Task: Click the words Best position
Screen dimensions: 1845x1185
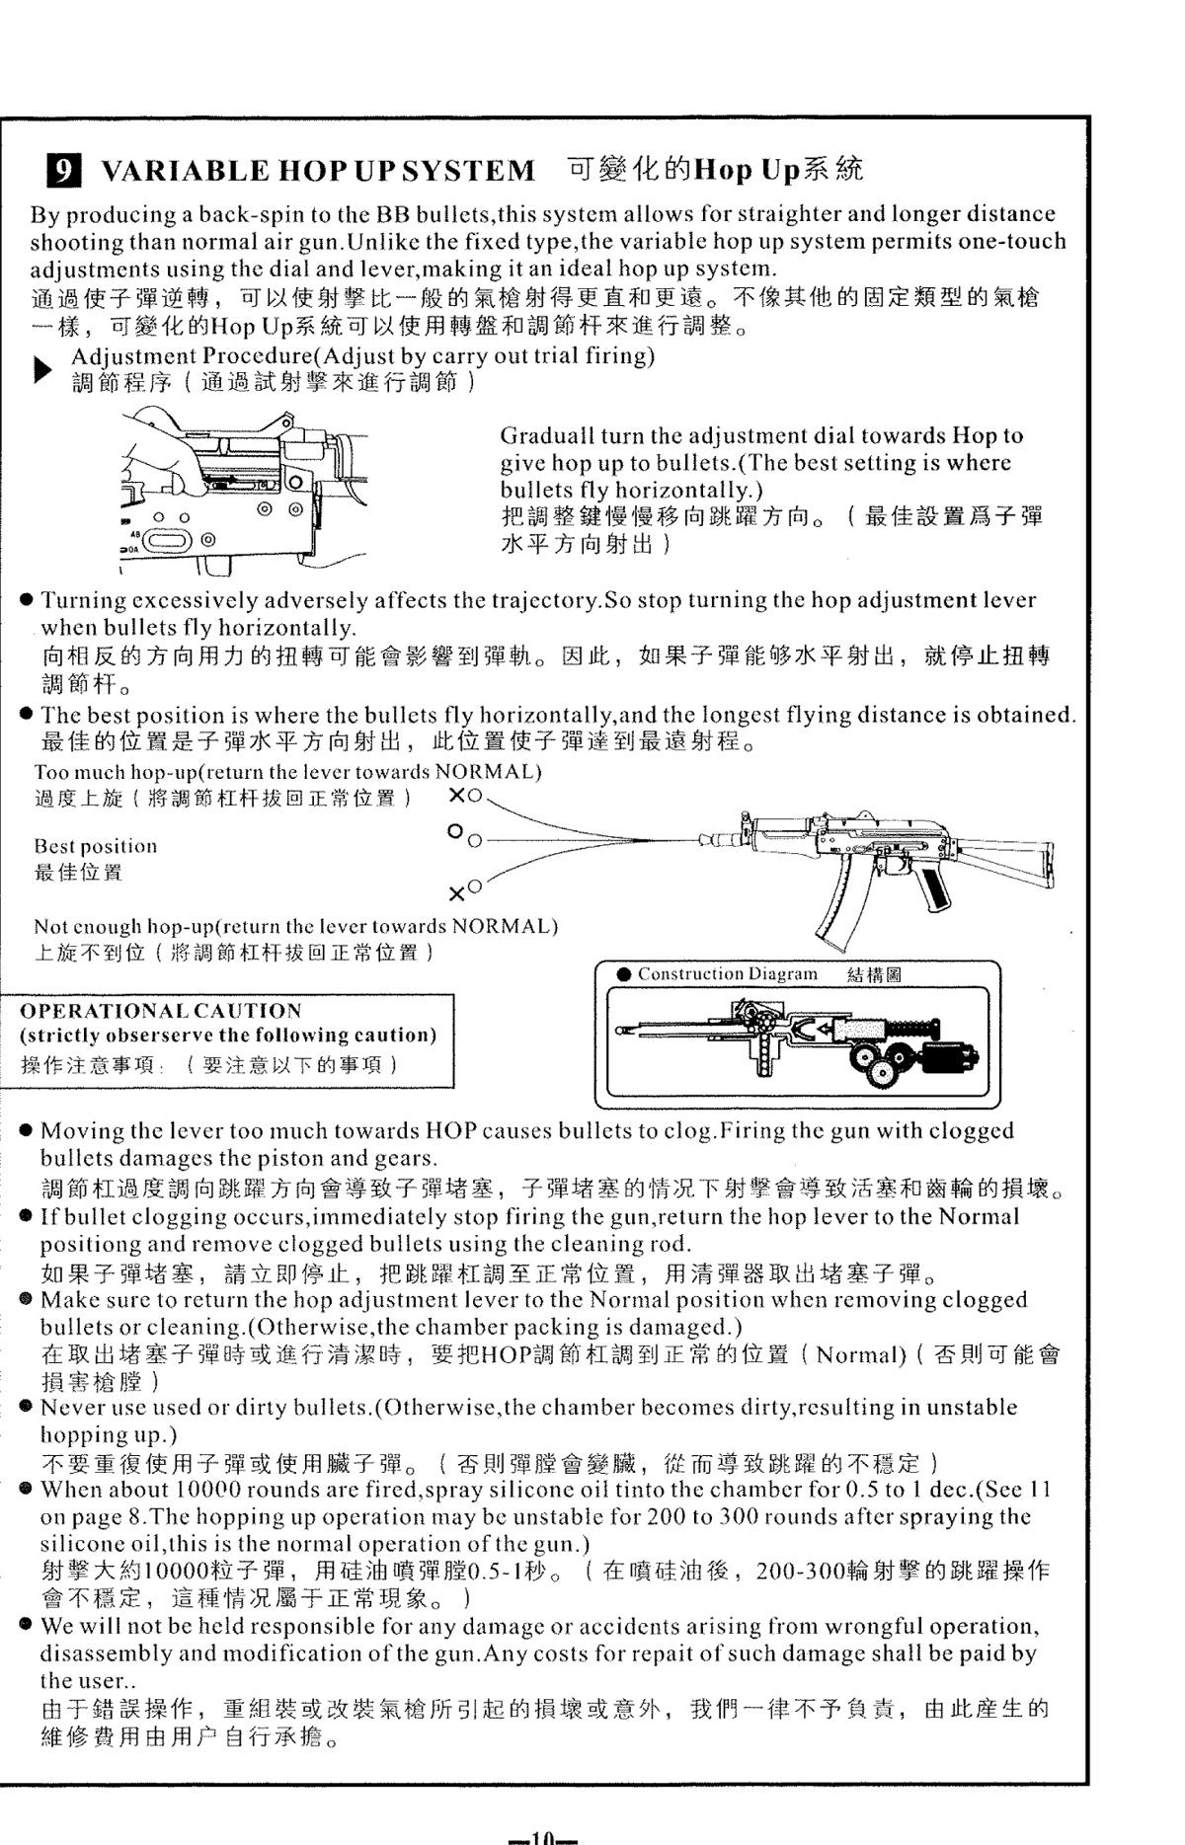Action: coord(96,846)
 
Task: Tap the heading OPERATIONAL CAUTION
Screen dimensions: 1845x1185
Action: coord(161,1011)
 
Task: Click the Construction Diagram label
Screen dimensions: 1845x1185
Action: coord(727,974)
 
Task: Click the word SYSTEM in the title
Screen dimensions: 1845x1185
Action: coord(470,171)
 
